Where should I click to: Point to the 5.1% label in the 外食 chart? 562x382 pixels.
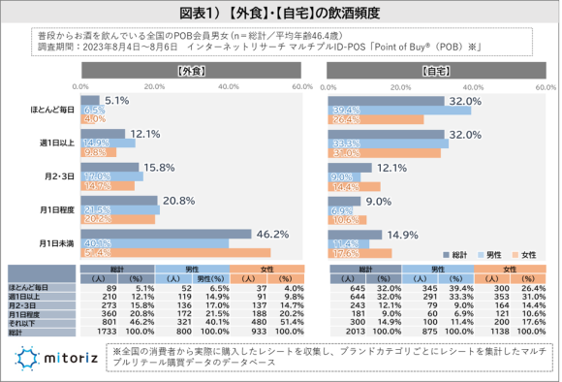coord(117,101)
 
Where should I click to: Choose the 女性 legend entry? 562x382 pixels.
coord(521,254)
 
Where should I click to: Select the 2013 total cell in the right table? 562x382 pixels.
coord(355,331)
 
